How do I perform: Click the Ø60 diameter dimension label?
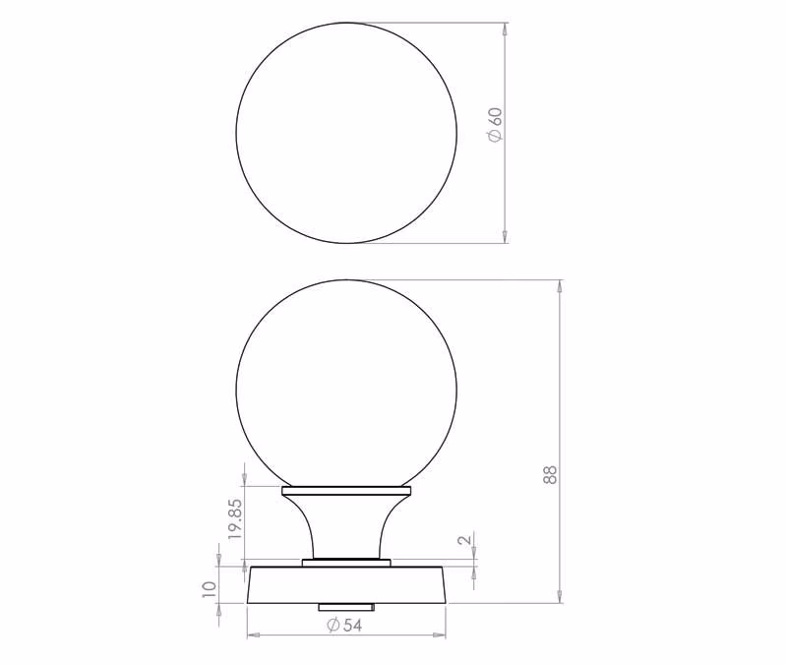point(495,125)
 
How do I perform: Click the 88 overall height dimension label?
point(550,474)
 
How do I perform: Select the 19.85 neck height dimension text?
point(236,519)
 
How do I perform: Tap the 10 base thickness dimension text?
point(209,588)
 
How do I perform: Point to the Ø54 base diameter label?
point(344,625)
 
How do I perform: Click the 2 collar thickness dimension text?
point(465,540)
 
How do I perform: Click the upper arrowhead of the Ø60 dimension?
point(505,29)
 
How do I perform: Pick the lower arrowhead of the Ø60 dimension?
point(505,237)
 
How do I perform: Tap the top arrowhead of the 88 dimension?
point(560,286)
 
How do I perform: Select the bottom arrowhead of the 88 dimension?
point(560,597)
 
